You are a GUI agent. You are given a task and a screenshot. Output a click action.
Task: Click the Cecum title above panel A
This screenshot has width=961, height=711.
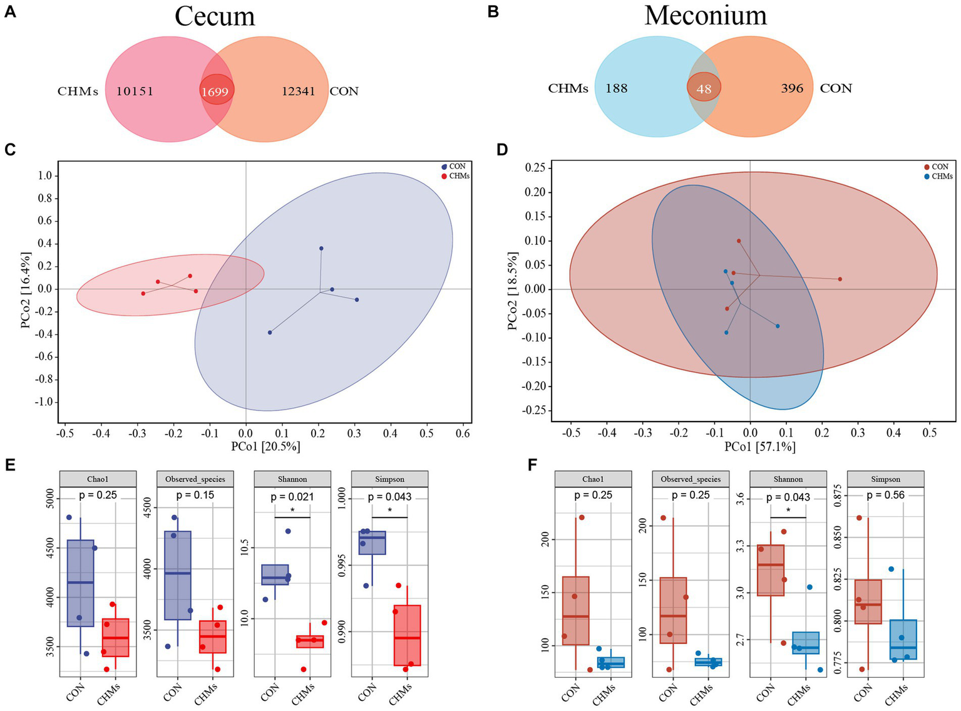tap(215, 16)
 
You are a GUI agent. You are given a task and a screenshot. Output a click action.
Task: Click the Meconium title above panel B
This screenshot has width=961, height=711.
tap(706, 15)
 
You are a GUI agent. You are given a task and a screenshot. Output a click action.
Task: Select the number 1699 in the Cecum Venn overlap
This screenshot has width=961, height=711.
tap(215, 92)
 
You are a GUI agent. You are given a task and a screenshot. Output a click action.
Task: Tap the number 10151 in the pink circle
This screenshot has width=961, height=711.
tap(135, 91)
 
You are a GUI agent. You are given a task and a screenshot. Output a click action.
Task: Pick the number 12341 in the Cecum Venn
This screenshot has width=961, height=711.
tap(298, 91)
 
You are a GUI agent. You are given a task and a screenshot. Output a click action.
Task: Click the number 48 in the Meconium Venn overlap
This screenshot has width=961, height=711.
tap(704, 89)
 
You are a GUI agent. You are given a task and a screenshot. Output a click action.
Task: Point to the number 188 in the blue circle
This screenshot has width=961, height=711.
tap(616, 88)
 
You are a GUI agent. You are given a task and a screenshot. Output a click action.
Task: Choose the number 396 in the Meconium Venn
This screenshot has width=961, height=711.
tap(792, 88)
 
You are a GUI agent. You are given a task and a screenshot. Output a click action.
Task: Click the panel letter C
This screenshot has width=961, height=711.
tap(10, 150)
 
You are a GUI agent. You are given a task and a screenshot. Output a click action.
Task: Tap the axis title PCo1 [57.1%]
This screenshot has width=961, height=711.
tap(759, 447)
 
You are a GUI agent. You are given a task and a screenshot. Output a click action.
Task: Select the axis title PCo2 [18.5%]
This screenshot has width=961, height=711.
tap(513, 291)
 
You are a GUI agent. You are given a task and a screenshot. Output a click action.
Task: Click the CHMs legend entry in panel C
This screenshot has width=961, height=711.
tap(459, 176)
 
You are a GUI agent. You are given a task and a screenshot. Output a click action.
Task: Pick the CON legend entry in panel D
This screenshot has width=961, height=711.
tap(940, 167)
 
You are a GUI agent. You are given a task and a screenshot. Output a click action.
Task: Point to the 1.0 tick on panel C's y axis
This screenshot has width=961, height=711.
tap(45, 175)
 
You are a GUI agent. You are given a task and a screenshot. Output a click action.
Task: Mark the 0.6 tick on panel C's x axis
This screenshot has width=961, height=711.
tap(463, 433)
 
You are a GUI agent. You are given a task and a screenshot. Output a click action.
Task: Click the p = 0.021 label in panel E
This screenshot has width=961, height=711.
tap(292, 497)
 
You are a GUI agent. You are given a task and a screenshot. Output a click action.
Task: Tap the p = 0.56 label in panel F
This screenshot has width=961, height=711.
tap(885, 495)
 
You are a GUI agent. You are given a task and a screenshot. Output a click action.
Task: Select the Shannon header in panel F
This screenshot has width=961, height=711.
tap(788, 479)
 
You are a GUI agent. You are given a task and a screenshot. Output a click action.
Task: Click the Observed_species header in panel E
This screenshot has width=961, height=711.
tap(195, 479)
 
